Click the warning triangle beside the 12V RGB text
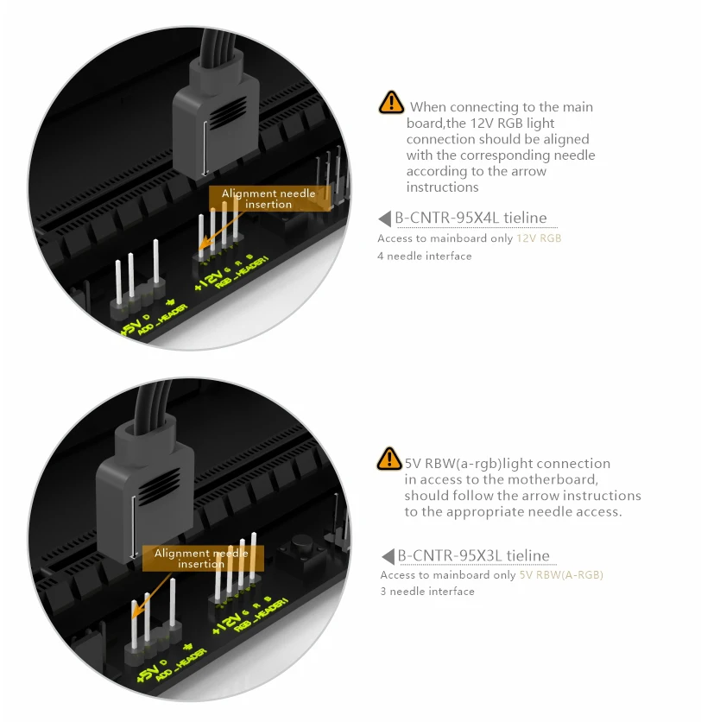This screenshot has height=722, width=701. point(391,102)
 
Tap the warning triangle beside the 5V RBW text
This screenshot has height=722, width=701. point(389,459)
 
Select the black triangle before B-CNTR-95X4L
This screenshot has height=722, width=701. point(385,218)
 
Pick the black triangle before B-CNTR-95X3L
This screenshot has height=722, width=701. point(388,556)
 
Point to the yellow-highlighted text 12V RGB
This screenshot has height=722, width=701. point(539,238)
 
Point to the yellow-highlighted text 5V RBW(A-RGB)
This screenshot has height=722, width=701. point(561,575)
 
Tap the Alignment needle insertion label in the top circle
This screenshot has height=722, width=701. point(269,199)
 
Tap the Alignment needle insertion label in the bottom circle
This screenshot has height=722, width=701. point(203,559)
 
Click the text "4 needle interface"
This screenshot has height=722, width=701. point(425,256)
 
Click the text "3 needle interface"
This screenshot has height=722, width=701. point(427,592)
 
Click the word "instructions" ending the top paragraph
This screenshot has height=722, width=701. point(442,187)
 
